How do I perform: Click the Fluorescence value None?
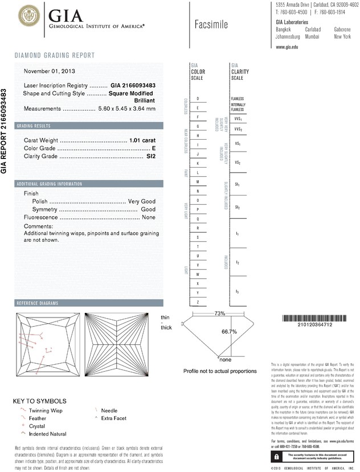[x=149, y=218]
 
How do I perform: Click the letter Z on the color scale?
[x=197, y=302]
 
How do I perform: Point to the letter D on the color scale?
[x=197, y=99]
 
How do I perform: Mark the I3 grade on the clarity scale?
[x=237, y=292]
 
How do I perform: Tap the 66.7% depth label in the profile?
[x=229, y=331]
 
